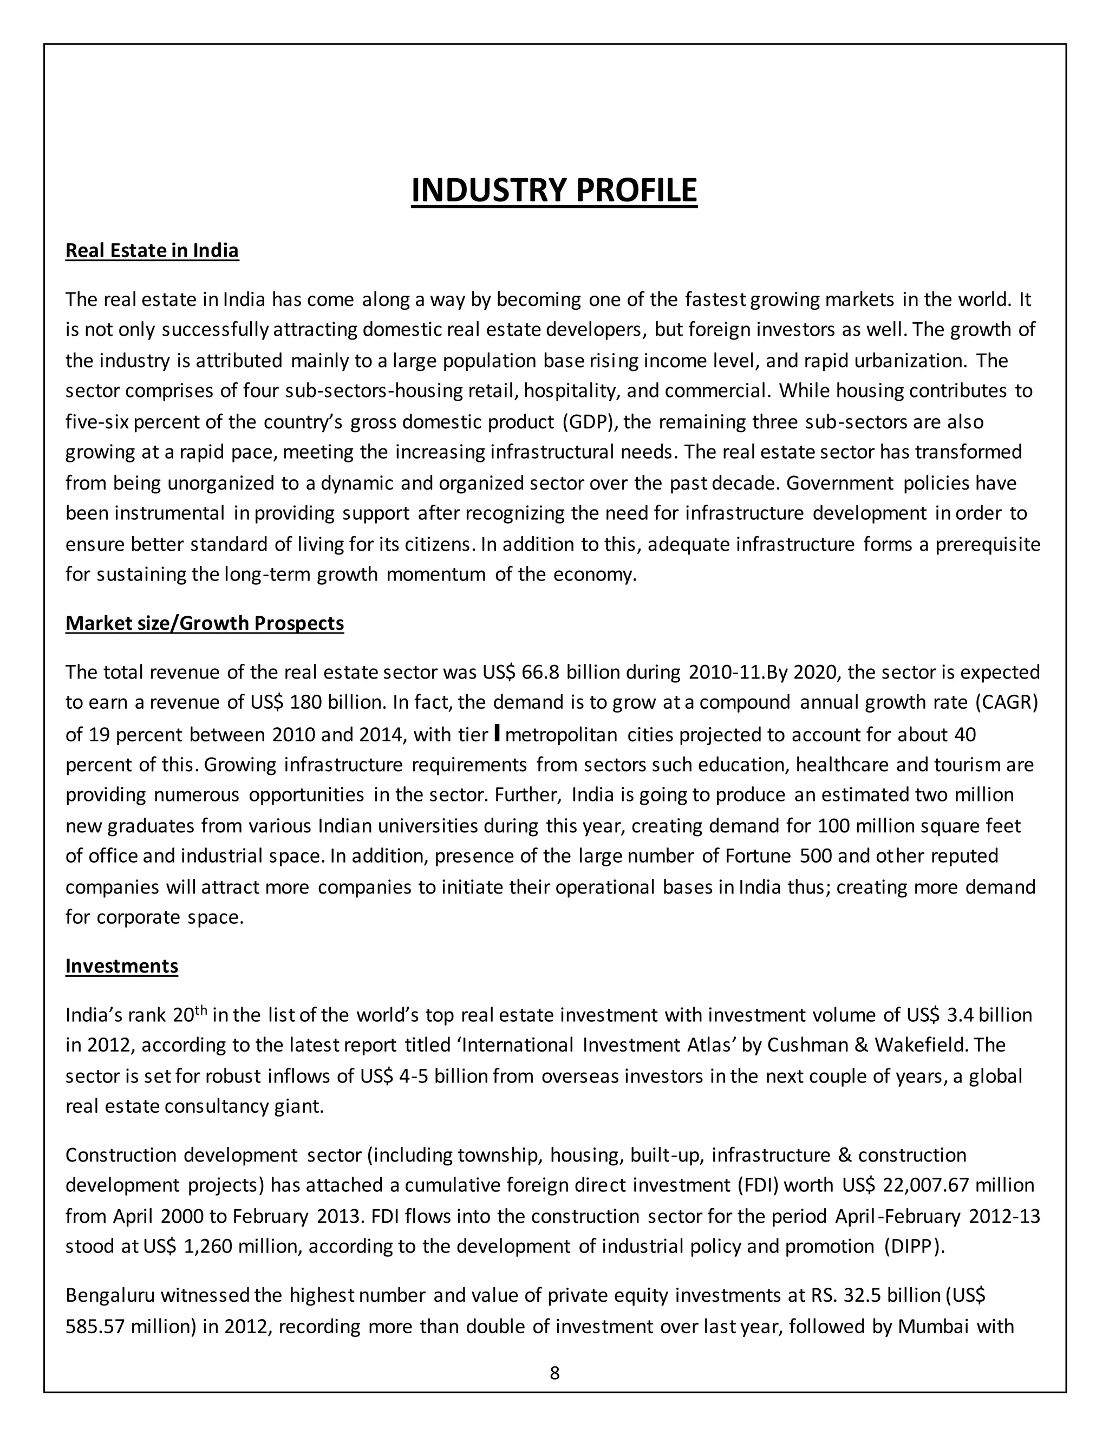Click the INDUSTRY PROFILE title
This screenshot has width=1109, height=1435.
pyautogui.click(x=554, y=191)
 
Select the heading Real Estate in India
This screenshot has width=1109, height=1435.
pyautogui.click(x=152, y=250)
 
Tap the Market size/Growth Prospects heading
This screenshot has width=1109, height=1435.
pyautogui.click(x=204, y=623)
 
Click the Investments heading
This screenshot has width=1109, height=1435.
pyautogui.click(x=121, y=966)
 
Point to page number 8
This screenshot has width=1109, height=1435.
pyautogui.click(x=554, y=1373)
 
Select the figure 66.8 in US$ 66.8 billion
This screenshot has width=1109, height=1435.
pyautogui.click(x=540, y=672)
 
